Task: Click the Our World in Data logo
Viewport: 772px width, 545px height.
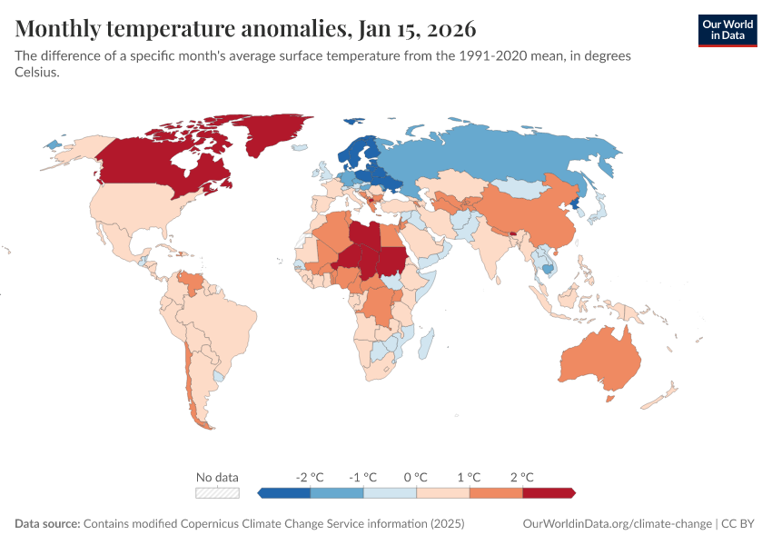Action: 727,29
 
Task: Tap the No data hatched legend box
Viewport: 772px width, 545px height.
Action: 218,493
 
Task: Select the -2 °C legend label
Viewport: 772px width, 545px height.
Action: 310,477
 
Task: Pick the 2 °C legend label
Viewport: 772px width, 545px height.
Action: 521,477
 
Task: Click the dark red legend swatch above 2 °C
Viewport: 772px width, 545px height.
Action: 549,493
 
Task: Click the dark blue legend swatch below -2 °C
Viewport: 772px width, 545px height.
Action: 284,493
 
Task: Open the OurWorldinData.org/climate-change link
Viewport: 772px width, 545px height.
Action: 618,524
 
